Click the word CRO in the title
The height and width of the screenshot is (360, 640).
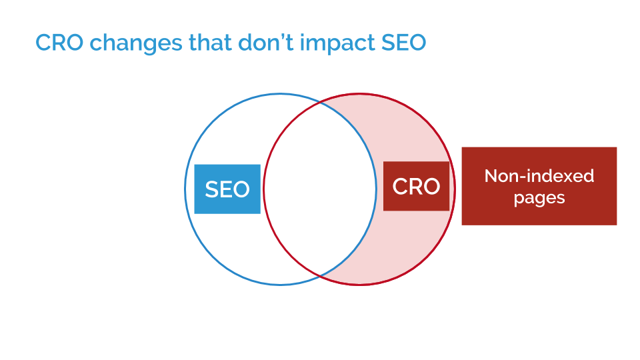click(59, 43)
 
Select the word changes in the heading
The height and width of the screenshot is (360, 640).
click(136, 43)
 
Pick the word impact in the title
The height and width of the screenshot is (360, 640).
click(337, 43)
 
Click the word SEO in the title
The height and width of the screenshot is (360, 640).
click(404, 43)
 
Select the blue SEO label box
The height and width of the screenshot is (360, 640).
click(227, 189)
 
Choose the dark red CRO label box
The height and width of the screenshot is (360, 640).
click(416, 186)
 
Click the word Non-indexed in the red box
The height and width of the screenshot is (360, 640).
click(539, 176)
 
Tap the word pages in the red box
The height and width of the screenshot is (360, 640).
click(539, 199)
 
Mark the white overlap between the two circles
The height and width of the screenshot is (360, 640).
click(319, 189)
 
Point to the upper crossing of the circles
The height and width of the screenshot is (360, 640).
click(320, 103)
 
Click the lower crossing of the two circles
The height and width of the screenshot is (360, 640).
click(320, 276)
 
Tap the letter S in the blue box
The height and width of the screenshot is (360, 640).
click(212, 189)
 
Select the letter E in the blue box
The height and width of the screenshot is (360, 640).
click(226, 189)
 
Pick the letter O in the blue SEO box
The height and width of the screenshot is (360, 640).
click(241, 189)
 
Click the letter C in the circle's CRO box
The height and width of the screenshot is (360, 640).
click(400, 187)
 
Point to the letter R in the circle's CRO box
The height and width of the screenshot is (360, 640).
click(415, 187)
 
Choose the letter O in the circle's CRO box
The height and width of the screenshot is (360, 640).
click(432, 187)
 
